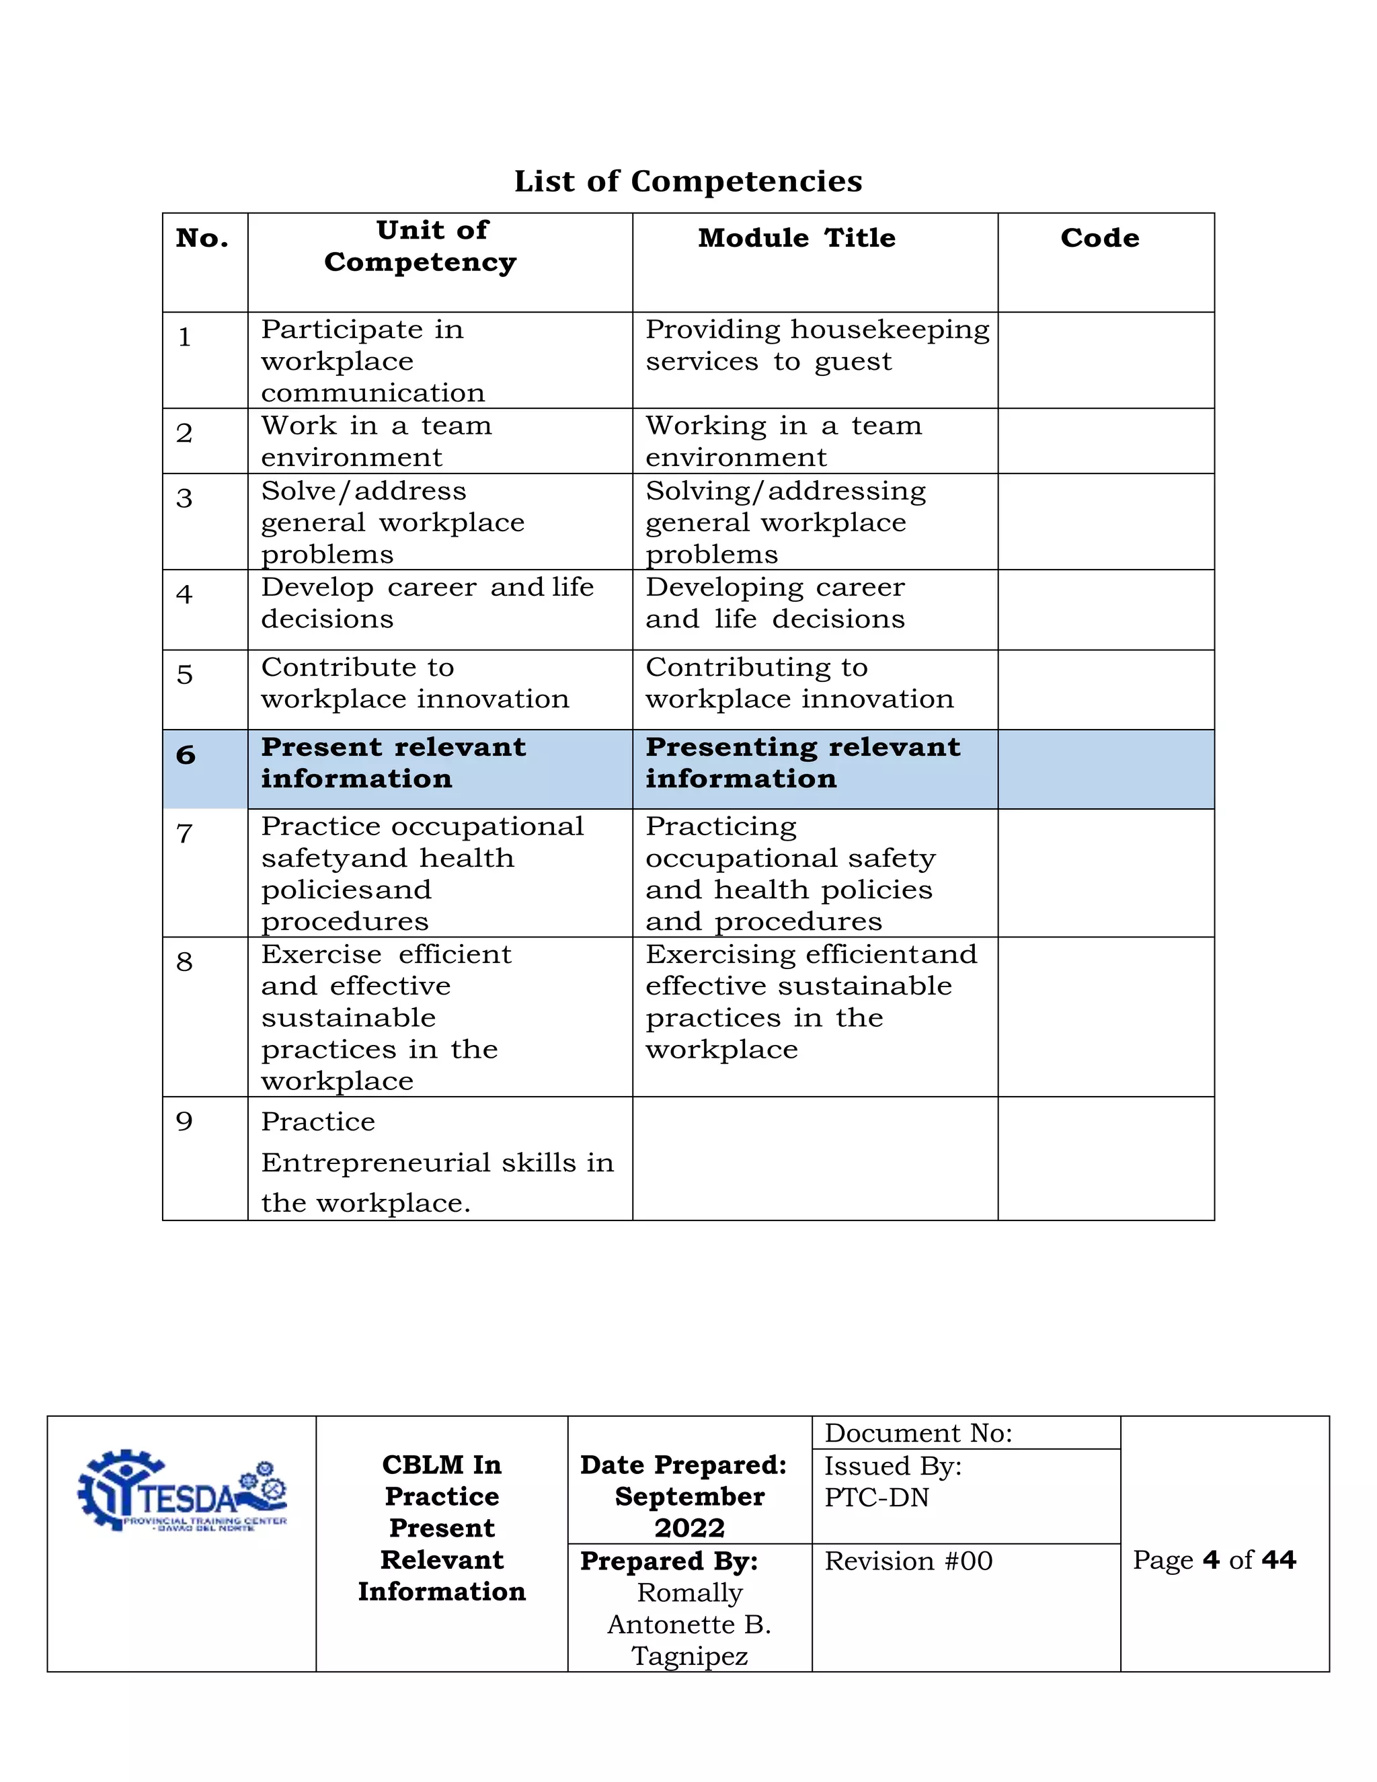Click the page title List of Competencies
click(688, 181)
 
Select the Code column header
click(1099, 238)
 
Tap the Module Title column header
click(796, 238)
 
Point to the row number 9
click(185, 1121)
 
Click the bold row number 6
click(186, 754)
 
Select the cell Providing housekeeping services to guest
click(816, 345)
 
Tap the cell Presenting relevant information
click(803, 763)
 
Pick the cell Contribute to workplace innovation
click(414, 683)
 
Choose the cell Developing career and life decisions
click(775, 603)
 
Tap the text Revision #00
click(908, 1561)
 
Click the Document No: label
click(918, 1434)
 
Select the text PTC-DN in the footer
click(876, 1498)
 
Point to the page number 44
click(1278, 1560)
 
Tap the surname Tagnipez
click(689, 1656)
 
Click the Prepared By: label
click(669, 1561)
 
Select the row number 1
click(185, 337)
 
